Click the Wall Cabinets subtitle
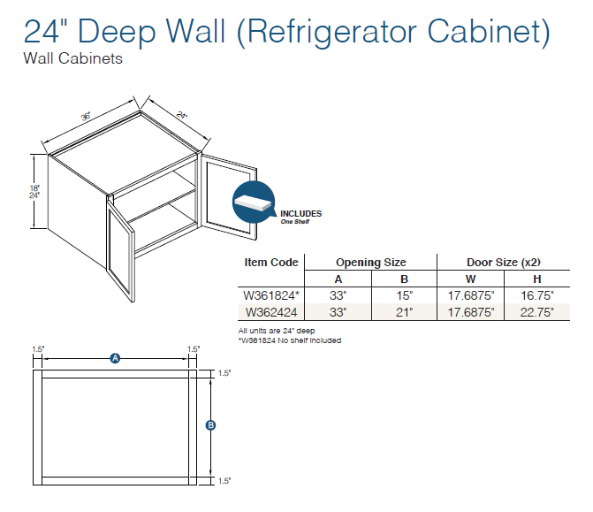tap(73, 60)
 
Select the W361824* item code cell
tap(272, 295)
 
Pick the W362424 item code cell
tap(270, 311)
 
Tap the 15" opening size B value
tap(404, 295)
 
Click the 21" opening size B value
tap(404, 311)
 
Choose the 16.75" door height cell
tap(536, 295)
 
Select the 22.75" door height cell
tap(536, 311)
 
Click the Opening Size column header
tap(370, 263)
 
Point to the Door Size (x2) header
tap(503, 263)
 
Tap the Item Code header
tap(271, 263)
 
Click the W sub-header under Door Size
tap(469, 279)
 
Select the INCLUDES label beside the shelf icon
tap(300, 214)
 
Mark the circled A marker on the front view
tap(115, 357)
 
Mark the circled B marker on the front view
tap(210, 425)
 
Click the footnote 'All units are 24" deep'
tap(277, 331)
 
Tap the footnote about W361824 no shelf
tap(289, 340)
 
